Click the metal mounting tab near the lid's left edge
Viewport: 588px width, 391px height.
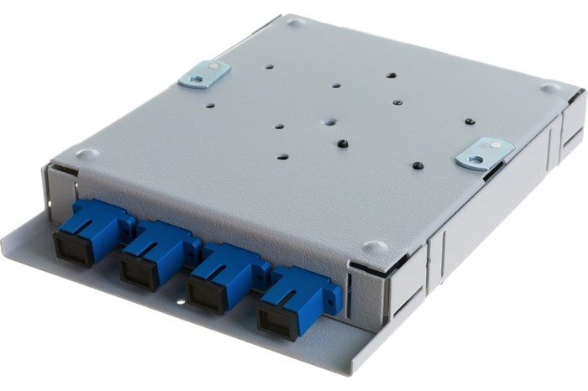(x=205, y=73)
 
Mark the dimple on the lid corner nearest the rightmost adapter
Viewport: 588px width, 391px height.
(x=375, y=248)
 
